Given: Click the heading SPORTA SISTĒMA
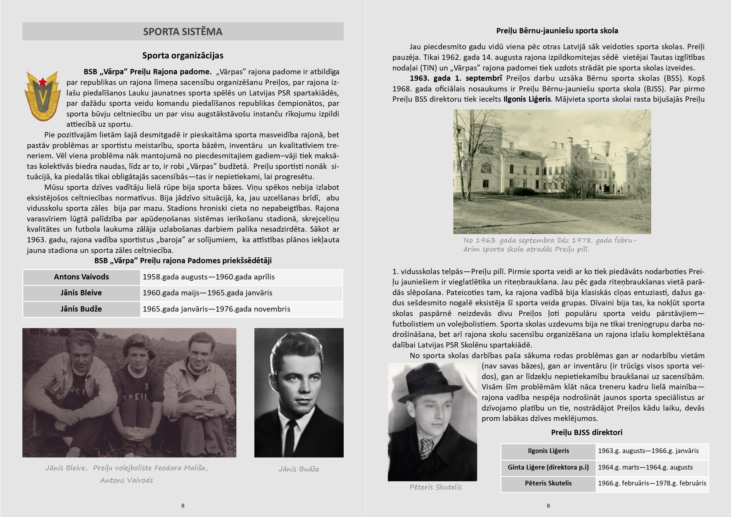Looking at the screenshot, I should click(x=182, y=32).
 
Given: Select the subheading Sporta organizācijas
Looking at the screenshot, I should click(x=182, y=55).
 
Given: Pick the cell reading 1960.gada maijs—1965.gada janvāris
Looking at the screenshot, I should click(x=207, y=293).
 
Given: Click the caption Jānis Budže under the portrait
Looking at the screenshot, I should click(x=298, y=469).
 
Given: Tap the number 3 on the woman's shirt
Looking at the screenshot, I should click(x=146, y=386).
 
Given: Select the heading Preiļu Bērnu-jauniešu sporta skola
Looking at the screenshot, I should click(x=557, y=31).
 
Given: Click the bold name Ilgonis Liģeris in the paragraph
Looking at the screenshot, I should click(x=527, y=99).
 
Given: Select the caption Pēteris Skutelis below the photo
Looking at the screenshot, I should click(x=435, y=487).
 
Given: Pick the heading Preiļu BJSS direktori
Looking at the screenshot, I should click(x=587, y=432).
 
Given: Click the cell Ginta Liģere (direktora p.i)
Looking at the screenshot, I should click(x=548, y=467).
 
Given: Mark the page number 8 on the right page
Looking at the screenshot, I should click(x=548, y=506).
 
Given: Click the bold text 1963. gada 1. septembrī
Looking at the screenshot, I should click(x=456, y=78).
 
